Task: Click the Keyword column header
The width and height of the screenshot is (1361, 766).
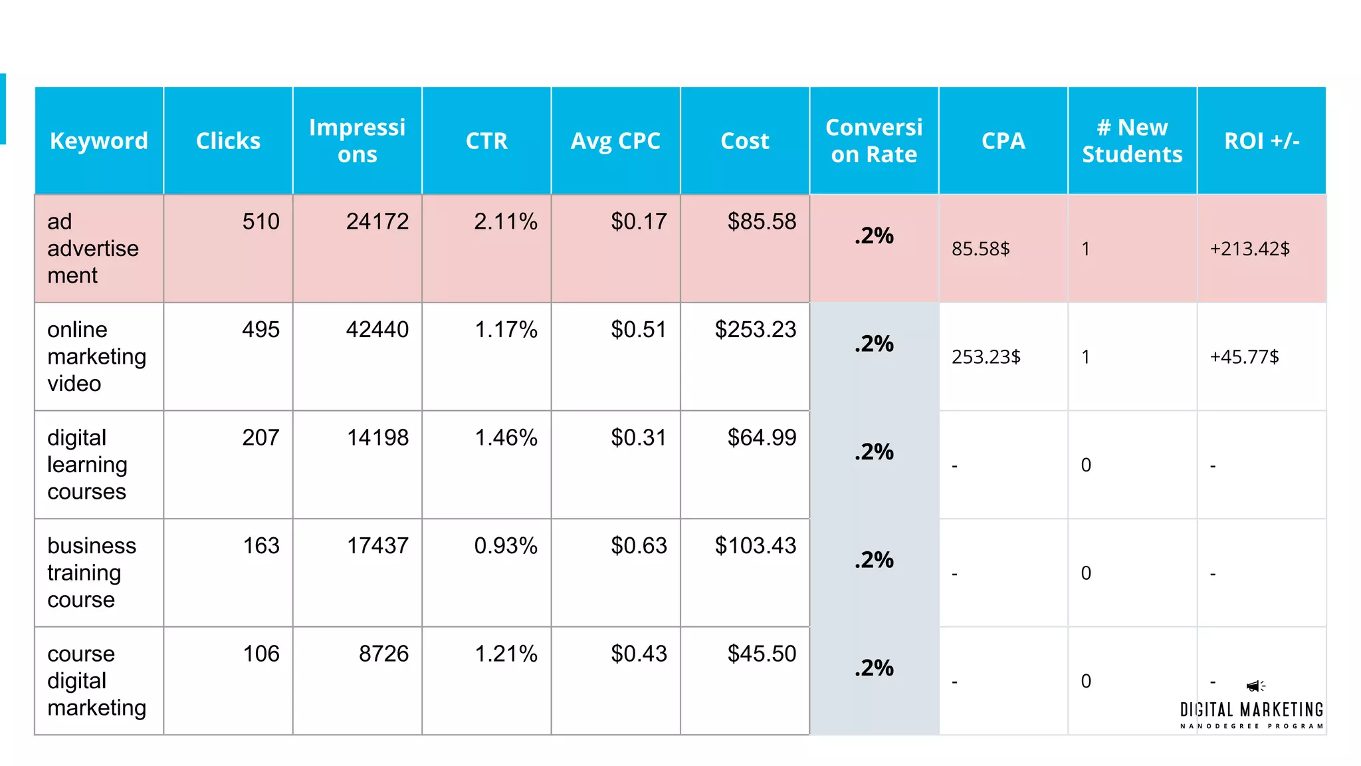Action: pos(99,141)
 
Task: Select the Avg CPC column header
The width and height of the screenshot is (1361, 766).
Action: pos(615,141)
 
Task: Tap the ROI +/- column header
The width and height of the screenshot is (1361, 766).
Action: pos(1261,141)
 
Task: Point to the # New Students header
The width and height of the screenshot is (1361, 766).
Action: pos(1132,141)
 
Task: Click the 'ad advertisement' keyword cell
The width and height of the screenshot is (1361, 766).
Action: pos(92,248)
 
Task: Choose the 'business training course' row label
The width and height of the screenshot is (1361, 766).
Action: pos(92,573)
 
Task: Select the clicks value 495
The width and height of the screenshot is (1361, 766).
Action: pos(261,330)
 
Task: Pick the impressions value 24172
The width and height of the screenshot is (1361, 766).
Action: pos(377,221)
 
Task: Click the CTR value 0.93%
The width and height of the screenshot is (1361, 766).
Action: pos(505,546)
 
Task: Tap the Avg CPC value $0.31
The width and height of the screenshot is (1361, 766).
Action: pos(638,438)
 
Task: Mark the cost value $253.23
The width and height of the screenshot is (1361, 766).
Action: pos(755,330)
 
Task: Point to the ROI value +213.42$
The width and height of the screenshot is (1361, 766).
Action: pos(1249,249)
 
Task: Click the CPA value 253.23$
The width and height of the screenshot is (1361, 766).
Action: pos(986,357)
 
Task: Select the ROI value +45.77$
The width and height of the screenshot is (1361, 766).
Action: pos(1244,357)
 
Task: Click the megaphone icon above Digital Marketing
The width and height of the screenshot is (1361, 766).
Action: pos(1255,686)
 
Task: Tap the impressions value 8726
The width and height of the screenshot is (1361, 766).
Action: pos(383,654)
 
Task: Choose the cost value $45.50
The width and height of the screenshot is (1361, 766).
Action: pos(762,654)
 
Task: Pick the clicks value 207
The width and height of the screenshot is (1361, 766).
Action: pos(261,438)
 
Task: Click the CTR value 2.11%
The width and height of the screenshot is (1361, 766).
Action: pos(505,221)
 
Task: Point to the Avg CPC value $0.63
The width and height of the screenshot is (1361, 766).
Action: pos(638,546)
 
